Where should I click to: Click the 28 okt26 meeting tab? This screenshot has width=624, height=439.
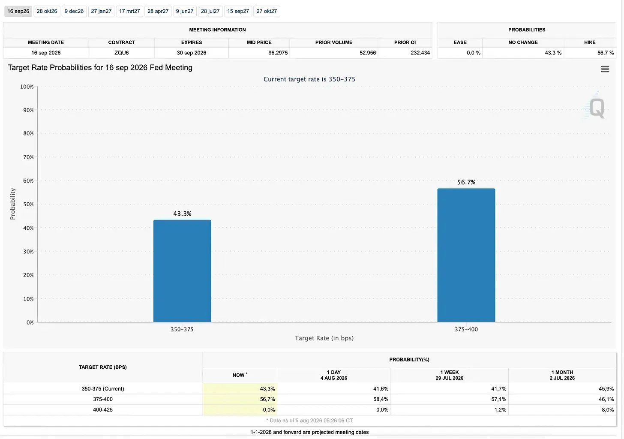(x=47, y=11)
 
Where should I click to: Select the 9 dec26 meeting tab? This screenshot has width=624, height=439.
(x=74, y=11)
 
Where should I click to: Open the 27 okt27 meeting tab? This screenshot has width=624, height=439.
(x=267, y=11)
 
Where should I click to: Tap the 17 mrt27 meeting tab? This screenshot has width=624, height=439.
(x=129, y=11)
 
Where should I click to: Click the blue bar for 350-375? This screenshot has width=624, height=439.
(x=182, y=271)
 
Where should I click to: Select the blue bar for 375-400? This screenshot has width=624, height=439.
(x=466, y=256)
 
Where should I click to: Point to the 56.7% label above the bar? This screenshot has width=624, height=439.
(x=466, y=182)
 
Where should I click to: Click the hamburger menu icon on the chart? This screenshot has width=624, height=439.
(x=605, y=69)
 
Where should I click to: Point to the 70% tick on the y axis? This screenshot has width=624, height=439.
(x=28, y=157)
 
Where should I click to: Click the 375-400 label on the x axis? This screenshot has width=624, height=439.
(x=466, y=329)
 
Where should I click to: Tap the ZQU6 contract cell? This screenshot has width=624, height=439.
(x=121, y=53)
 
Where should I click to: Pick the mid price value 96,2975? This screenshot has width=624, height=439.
(x=278, y=53)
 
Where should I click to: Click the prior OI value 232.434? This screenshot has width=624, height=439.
(x=420, y=53)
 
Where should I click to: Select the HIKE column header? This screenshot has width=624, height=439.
(x=590, y=42)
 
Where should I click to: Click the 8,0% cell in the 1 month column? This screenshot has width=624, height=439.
(x=608, y=410)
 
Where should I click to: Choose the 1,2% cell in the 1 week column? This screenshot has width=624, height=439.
(x=500, y=410)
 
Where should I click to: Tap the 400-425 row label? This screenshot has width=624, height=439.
(x=103, y=410)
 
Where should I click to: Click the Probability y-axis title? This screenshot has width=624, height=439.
(x=12, y=204)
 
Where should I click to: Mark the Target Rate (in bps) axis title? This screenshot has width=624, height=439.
(x=324, y=338)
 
